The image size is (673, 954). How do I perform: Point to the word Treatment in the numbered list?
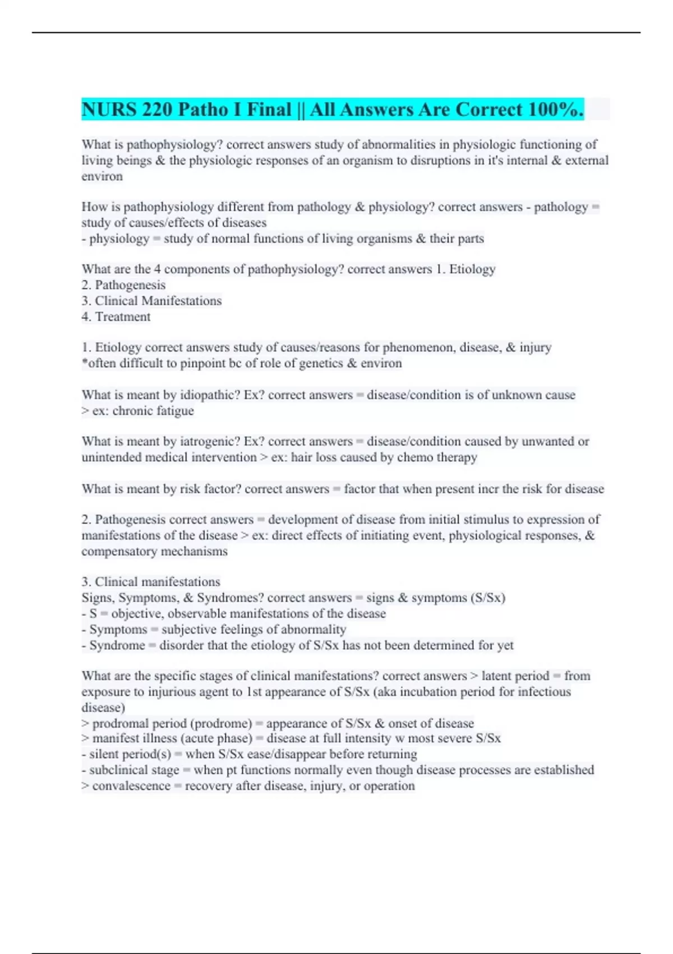point(122,317)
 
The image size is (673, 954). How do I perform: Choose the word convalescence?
point(131,786)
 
